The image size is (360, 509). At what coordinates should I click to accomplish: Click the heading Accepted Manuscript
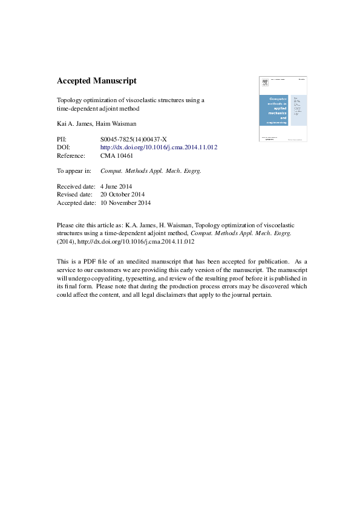[97, 81]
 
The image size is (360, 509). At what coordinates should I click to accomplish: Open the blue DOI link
[159, 148]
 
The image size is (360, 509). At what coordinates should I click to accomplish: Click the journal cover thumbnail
[283, 109]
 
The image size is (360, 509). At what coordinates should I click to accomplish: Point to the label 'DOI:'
[64, 148]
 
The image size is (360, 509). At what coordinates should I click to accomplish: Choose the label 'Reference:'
[71, 155]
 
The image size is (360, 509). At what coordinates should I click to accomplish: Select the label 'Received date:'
[76, 187]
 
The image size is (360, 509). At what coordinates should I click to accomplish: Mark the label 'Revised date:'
[74, 195]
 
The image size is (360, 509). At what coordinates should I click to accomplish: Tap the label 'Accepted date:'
[76, 203]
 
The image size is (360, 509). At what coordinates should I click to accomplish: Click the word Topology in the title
[69, 100]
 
